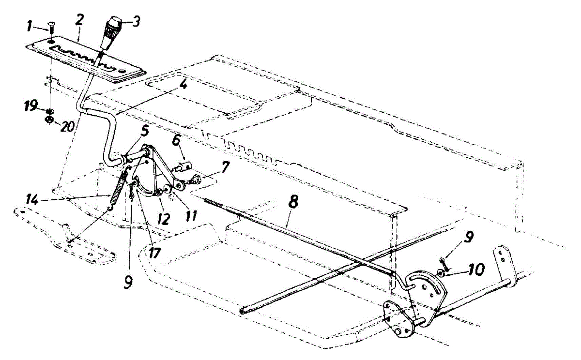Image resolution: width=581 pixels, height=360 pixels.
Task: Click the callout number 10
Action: pos(472,269)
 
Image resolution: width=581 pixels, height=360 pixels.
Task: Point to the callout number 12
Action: pos(164,219)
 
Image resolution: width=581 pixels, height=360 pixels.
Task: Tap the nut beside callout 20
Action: pos(49,119)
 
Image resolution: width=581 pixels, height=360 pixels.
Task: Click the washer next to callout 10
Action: pos(442,273)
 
